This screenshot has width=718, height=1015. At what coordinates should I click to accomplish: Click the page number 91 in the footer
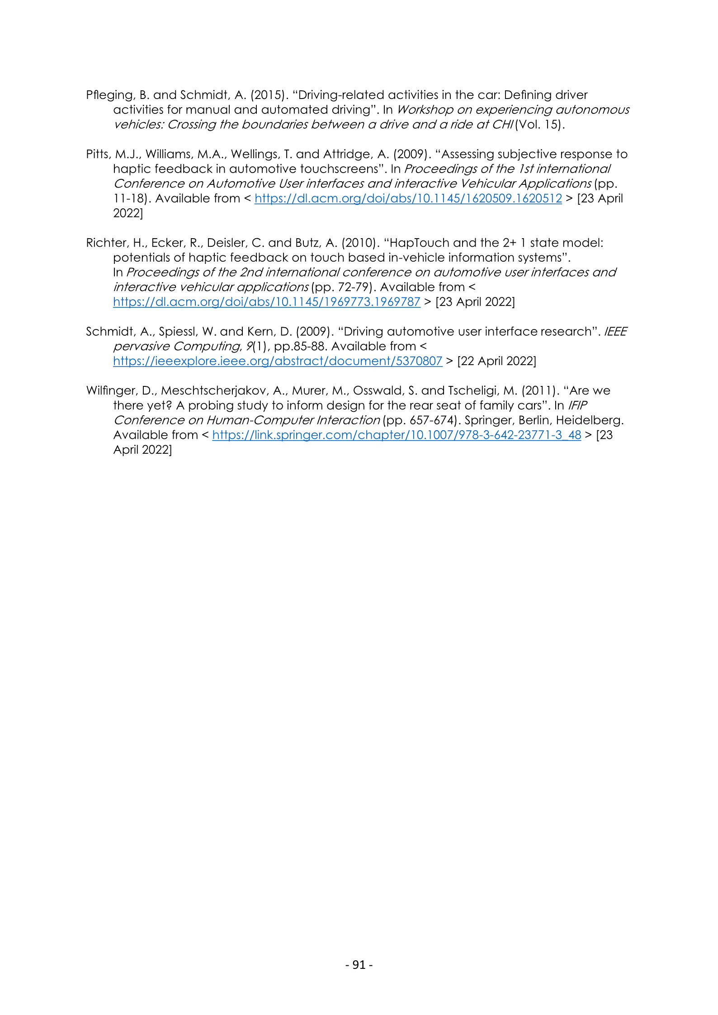(x=359, y=964)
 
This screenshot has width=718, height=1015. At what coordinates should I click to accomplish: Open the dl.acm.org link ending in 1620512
(x=408, y=198)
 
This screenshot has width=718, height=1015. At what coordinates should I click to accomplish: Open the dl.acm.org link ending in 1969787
(x=267, y=302)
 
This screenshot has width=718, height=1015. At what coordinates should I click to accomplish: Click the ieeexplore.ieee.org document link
(x=278, y=361)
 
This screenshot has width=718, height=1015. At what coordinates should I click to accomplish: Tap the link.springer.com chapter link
(x=397, y=435)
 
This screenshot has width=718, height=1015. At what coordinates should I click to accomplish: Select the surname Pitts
(x=98, y=154)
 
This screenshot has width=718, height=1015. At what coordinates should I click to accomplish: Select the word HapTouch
(x=419, y=243)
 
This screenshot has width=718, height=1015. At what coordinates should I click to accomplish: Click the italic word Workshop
(x=425, y=110)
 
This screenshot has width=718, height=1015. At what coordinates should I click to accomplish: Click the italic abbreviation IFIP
(x=577, y=405)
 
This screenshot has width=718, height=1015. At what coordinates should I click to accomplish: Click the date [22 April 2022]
(x=496, y=361)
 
